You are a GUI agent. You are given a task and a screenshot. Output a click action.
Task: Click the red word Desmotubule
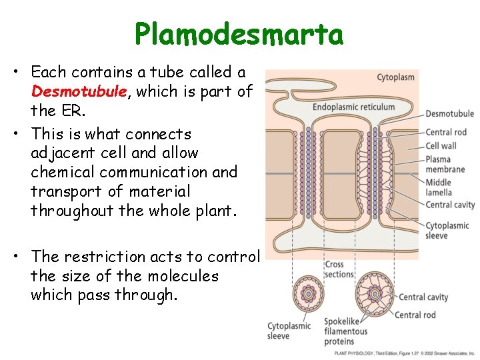[x=79, y=91]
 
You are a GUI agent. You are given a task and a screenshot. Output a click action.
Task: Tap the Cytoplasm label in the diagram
[x=395, y=77]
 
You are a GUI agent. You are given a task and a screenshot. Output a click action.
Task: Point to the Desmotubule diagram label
[x=449, y=114]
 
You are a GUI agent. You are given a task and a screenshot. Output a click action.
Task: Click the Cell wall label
[x=441, y=145]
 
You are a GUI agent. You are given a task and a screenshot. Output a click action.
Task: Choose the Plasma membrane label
[x=445, y=164]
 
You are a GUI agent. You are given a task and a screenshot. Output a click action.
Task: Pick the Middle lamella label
[x=439, y=187]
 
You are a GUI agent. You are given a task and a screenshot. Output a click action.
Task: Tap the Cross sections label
[x=339, y=269]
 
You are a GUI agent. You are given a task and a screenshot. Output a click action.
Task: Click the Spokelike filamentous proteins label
[x=345, y=331]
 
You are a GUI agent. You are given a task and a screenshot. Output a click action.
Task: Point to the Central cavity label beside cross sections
[x=423, y=297]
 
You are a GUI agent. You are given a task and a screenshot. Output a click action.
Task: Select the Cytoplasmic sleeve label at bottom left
[x=289, y=331]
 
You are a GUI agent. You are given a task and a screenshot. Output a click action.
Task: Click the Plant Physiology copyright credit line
[x=404, y=353]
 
